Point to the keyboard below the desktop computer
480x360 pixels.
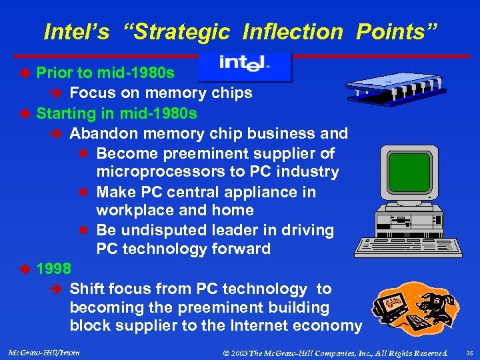[409, 247]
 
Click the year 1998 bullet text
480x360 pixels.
[54, 269]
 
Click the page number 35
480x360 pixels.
[469, 351]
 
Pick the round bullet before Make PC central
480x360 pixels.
[85, 192]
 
